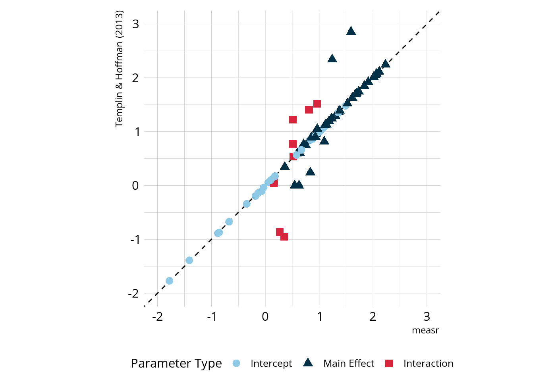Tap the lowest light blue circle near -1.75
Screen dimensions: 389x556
169,281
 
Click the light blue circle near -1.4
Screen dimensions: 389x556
189,260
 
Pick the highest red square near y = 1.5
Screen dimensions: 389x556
317,104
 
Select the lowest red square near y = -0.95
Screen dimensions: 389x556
284,237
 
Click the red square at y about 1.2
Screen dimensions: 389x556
293,120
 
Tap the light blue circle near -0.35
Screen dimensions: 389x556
246,204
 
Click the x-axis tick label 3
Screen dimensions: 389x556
427,317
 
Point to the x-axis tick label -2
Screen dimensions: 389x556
157,317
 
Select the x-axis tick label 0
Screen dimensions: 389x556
265,317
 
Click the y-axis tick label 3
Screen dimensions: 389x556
136,24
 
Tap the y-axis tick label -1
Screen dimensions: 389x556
134,239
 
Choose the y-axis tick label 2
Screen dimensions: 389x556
136,78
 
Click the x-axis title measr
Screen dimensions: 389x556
425,331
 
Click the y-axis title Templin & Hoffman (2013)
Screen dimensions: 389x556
119,69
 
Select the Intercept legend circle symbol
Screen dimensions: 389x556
236,363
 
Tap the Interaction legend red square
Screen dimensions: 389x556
389,363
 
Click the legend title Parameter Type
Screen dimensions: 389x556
176,363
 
